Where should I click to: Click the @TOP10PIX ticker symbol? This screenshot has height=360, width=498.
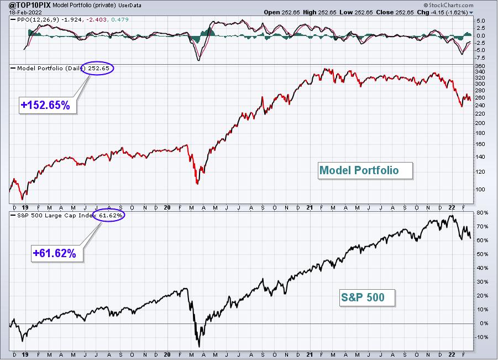[x=29, y=5]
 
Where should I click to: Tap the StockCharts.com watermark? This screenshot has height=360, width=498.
[x=448, y=5]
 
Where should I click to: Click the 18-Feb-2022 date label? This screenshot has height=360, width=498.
[x=22, y=12]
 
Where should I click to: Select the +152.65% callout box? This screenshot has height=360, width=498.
[x=48, y=105]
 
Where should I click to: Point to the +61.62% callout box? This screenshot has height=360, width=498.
[x=57, y=253]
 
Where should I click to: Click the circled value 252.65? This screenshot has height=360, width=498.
[x=98, y=68]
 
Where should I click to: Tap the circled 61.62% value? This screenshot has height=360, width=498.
[x=111, y=215]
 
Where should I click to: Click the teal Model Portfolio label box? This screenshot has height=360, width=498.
[x=365, y=171]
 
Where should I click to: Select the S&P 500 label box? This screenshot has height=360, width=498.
[x=367, y=298]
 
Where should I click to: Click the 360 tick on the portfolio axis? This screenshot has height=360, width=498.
[x=480, y=66]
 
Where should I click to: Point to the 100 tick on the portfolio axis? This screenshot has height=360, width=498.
[x=480, y=189]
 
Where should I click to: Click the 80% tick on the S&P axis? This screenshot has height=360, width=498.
[x=482, y=212]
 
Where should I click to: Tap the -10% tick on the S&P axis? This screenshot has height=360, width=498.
[x=481, y=337]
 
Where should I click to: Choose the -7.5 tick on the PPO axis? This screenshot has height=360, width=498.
[x=480, y=58]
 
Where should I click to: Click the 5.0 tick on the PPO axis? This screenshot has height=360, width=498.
[x=481, y=20]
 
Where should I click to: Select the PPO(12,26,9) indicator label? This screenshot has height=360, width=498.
[x=38, y=19]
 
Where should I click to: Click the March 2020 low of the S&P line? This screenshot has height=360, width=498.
[x=199, y=347]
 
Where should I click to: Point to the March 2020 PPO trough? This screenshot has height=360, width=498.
[x=199, y=60]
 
